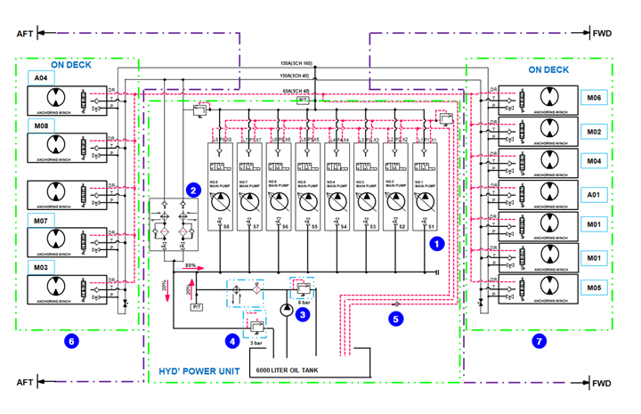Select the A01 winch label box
[594, 193]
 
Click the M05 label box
[594, 288]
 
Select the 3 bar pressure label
[256, 342]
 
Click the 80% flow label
[190, 264]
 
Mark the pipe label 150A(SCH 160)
[296, 63]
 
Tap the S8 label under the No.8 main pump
[227, 228]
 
